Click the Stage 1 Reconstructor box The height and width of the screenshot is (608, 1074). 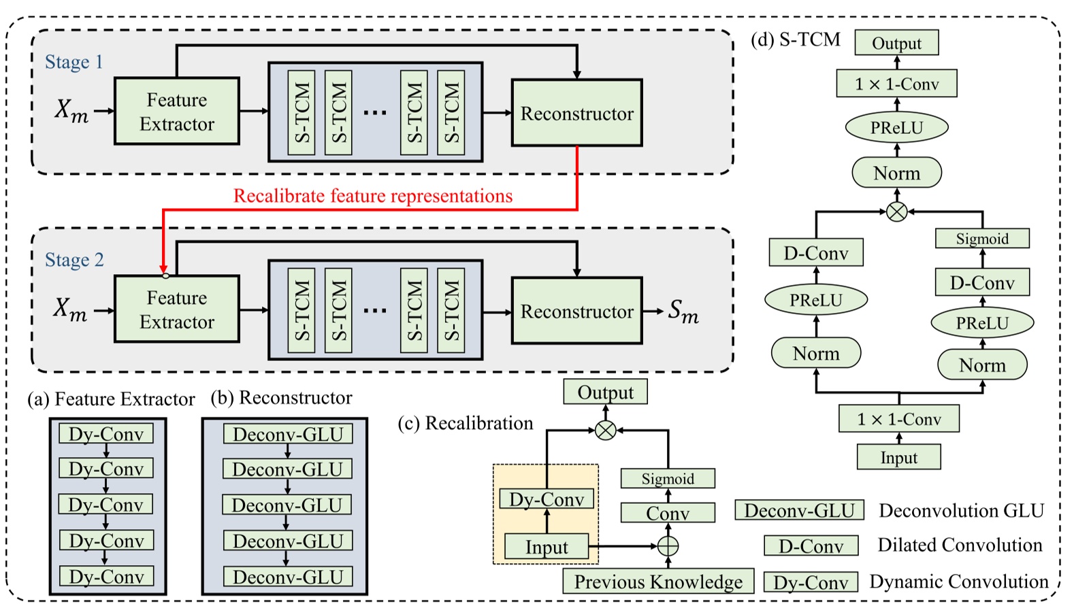pos(576,113)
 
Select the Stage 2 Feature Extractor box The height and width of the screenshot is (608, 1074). pos(177,309)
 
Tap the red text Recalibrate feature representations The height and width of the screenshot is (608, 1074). pos(372,196)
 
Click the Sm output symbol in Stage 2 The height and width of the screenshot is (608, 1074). pos(683,311)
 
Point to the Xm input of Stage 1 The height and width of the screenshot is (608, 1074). pos(71,110)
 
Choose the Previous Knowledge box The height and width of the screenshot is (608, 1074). pos(657,581)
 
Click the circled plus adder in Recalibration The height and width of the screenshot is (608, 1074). pos(668,545)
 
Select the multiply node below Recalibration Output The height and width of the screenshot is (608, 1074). pos(605,430)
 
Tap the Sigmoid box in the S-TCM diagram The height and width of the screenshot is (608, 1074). pos(981,239)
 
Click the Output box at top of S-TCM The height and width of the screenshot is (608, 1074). pos(896,43)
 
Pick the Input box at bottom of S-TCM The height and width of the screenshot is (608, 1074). pos(898,457)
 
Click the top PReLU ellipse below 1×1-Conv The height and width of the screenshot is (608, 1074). pos(896,127)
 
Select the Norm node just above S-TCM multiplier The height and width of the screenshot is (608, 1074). pos(896,173)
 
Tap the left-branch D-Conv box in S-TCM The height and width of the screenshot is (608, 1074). pos(815,253)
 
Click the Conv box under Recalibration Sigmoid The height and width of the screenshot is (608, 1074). pos(667,513)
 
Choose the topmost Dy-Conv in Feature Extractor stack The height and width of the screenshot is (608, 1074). pos(106,434)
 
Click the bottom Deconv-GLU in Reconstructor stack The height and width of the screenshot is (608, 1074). pos(287,577)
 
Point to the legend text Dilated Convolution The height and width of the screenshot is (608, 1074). pos(959,545)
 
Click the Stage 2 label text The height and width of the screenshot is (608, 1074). pos(74,260)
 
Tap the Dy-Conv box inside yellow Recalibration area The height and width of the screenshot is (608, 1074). pos(547,499)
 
